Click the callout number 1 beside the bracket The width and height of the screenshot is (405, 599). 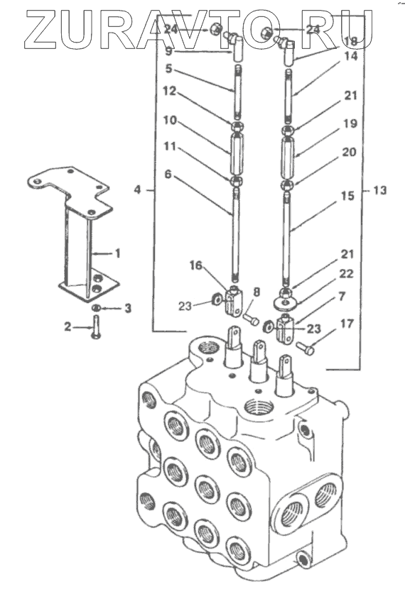tap(117, 253)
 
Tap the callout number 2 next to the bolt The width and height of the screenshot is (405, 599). tap(67, 326)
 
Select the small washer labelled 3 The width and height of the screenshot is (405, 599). tap(97, 308)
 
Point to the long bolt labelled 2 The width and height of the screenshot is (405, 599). tap(95, 326)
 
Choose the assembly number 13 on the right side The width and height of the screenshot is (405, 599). tap(379, 190)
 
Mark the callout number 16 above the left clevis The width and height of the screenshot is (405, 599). tap(196, 265)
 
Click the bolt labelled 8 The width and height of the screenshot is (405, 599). tap(251, 319)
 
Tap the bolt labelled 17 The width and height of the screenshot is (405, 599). tap(306, 348)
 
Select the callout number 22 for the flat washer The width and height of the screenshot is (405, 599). tap(347, 274)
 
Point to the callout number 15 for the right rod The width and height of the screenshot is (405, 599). tap(347, 196)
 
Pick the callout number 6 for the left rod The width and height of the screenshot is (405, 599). tap(168, 175)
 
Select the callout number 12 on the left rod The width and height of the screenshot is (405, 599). tap(169, 91)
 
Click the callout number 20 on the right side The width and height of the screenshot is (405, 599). tap(349, 152)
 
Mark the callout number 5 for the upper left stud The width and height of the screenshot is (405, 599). tap(168, 69)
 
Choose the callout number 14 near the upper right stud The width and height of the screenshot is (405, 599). tap(351, 56)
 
